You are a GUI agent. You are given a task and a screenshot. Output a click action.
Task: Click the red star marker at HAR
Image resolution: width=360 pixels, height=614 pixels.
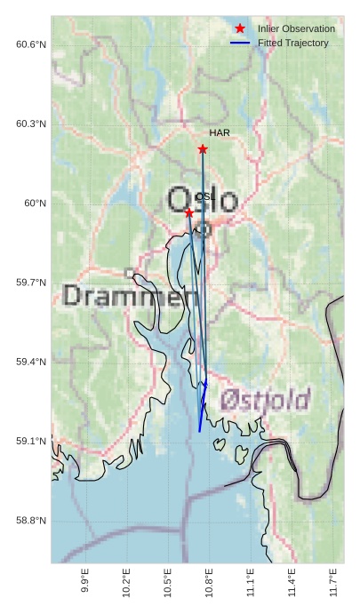click(x=203, y=149)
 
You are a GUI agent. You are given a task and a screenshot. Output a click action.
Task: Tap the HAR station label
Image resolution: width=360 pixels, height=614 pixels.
click(x=220, y=132)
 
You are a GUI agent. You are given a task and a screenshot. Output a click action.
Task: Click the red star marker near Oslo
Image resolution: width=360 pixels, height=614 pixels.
click(x=188, y=213)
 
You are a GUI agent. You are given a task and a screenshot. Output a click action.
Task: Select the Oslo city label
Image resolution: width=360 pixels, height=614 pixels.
click(x=203, y=200)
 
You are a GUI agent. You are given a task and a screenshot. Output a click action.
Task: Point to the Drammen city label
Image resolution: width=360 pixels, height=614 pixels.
click(x=130, y=296)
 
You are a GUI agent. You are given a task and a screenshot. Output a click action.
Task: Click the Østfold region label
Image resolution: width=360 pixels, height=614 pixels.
click(x=265, y=399)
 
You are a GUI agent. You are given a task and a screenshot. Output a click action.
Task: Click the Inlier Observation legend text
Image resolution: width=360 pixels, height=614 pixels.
click(x=296, y=28)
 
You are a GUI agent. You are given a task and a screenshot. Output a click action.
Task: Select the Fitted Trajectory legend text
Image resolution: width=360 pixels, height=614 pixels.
click(x=292, y=43)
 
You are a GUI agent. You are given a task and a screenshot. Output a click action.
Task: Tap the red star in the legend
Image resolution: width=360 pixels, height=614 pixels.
click(x=240, y=28)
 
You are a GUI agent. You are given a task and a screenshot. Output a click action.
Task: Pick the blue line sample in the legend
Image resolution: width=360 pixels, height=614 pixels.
click(x=240, y=43)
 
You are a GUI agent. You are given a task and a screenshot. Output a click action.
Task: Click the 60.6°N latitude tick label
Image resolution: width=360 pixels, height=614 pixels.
click(x=31, y=44)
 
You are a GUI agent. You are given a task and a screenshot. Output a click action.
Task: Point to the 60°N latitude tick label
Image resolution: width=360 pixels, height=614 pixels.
click(x=36, y=203)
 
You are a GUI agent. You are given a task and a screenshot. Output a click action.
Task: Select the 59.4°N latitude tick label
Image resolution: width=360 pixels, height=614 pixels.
click(x=31, y=362)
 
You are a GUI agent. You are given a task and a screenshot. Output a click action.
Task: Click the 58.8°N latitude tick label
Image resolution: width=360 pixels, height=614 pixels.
click(x=31, y=521)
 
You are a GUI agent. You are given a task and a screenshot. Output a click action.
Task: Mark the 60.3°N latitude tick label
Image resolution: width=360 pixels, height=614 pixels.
click(x=31, y=124)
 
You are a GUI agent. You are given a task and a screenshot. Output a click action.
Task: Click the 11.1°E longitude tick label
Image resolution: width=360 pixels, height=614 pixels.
click(x=251, y=582)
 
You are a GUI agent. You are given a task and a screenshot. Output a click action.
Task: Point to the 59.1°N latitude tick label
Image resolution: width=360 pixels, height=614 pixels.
click(x=31, y=442)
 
